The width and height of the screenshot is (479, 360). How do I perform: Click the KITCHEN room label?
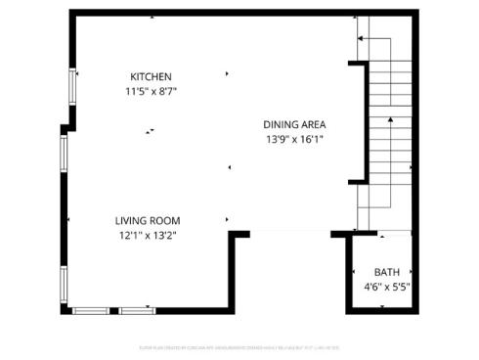click(152, 77)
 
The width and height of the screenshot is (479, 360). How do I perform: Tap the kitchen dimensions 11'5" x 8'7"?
click(151, 91)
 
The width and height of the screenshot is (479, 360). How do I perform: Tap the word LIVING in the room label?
click(132, 220)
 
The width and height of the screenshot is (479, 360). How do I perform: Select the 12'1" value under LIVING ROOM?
click(131, 235)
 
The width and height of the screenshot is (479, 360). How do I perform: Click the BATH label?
click(387, 272)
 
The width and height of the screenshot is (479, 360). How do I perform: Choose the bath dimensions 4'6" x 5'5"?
click(386, 287)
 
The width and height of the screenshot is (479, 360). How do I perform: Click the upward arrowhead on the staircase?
click(389, 119)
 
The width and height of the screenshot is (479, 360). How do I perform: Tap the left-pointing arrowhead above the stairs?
click(360, 38)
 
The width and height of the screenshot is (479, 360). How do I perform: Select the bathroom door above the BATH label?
click(394, 234)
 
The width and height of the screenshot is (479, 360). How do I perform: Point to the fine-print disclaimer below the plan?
click(239, 346)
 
